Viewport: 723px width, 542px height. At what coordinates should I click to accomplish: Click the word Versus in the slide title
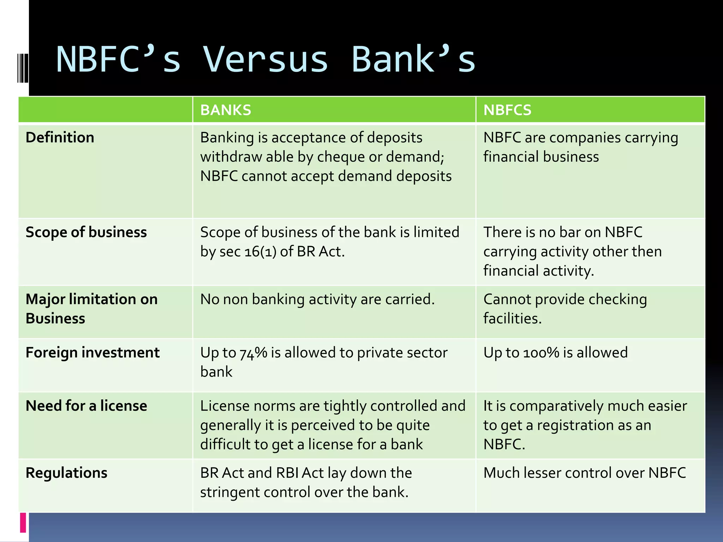click(x=265, y=60)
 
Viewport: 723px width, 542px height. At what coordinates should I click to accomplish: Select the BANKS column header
click(x=226, y=110)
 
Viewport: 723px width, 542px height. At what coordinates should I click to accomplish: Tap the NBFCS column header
click(x=507, y=110)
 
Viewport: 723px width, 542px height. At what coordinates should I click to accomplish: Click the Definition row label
click(x=60, y=137)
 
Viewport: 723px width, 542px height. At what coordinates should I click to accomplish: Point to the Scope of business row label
click(x=86, y=232)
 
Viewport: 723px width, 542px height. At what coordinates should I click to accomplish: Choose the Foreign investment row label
click(x=92, y=353)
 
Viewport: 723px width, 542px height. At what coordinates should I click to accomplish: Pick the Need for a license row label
click(x=86, y=406)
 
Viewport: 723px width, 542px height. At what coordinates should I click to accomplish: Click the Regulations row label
click(x=66, y=473)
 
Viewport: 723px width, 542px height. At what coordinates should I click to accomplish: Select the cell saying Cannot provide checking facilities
click(x=565, y=308)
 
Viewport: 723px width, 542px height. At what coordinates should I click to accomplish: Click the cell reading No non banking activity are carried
click(x=317, y=299)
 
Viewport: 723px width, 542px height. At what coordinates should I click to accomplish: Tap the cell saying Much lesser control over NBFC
click(x=584, y=473)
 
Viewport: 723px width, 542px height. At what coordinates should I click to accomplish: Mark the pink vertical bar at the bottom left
click(x=23, y=523)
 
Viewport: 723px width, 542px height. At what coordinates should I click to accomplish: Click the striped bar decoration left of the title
click(x=23, y=68)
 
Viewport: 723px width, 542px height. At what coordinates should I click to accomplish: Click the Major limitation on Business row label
click(x=91, y=308)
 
